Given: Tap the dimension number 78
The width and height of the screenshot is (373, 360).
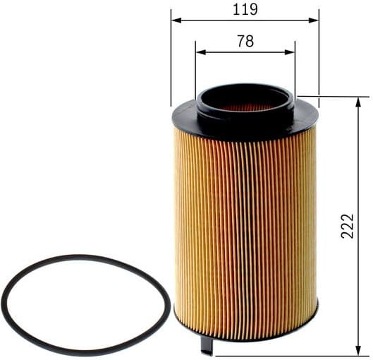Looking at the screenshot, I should [x=245, y=41].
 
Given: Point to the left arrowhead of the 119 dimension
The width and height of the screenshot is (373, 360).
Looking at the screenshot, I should [x=175, y=20].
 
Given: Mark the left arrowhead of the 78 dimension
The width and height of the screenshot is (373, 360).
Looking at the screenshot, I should [x=200, y=52].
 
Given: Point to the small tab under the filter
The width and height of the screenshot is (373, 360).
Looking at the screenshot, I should [x=207, y=346].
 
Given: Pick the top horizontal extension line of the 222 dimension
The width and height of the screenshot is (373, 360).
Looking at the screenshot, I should [x=331, y=97].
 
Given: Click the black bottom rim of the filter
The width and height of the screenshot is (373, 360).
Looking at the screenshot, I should [x=245, y=338].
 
